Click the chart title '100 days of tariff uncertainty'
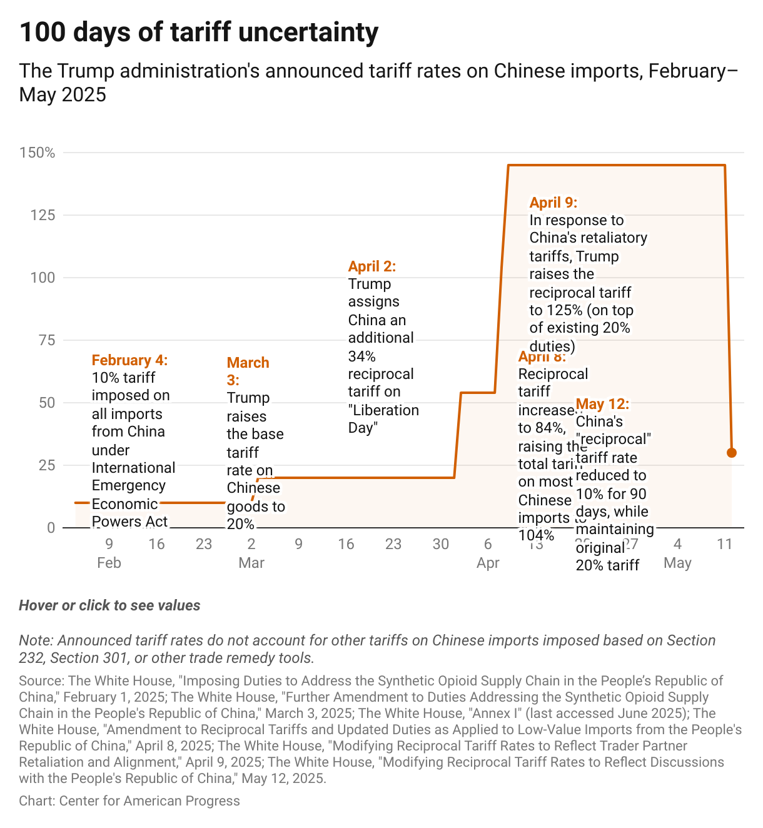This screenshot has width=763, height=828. point(199,33)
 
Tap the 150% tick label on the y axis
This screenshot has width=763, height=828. point(38,153)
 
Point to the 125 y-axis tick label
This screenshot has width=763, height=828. point(43,215)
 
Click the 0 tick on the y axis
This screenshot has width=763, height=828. point(51,528)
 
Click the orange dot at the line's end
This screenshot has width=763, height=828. point(732,453)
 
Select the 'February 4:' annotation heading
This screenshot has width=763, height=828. point(129,360)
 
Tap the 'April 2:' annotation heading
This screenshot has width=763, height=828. point(372,266)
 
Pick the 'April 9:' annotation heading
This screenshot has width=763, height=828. point(553,203)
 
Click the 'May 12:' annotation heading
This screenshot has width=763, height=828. point(602,404)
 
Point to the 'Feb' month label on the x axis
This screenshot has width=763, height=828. point(109,563)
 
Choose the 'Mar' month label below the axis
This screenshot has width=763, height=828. point(251,563)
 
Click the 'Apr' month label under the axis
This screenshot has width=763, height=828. point(488,563)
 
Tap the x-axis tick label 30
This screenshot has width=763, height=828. point(441,544)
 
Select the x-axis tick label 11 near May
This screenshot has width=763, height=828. point(724,544)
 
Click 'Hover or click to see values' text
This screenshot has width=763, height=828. point(109,605)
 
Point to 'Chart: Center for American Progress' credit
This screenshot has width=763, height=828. point(129,800)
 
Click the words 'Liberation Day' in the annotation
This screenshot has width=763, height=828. point(383,419)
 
